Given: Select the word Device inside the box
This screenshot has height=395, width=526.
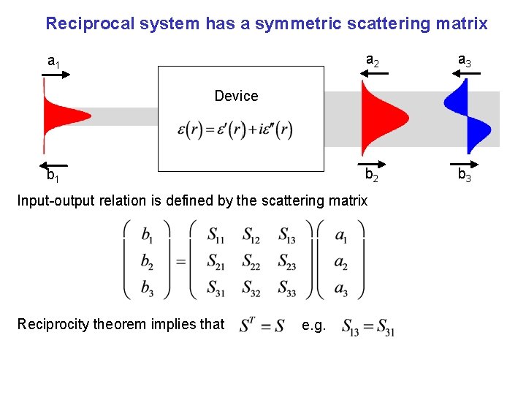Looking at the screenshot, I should click(236, 96).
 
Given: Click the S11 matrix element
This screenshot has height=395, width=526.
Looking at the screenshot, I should click(216, 236).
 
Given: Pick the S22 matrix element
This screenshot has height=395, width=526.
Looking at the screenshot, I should click(251, 261).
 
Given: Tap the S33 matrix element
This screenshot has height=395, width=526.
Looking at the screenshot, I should click(287, 287).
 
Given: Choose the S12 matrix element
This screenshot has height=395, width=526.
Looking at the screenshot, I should click(251, 236).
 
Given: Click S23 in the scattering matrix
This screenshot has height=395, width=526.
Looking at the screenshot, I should click(287, 261).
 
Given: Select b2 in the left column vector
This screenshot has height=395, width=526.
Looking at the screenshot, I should click(148, 261).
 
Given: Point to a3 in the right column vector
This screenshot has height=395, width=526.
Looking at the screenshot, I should click(340, 287).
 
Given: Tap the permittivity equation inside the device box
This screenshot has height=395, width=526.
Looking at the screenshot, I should click(235, 129).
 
